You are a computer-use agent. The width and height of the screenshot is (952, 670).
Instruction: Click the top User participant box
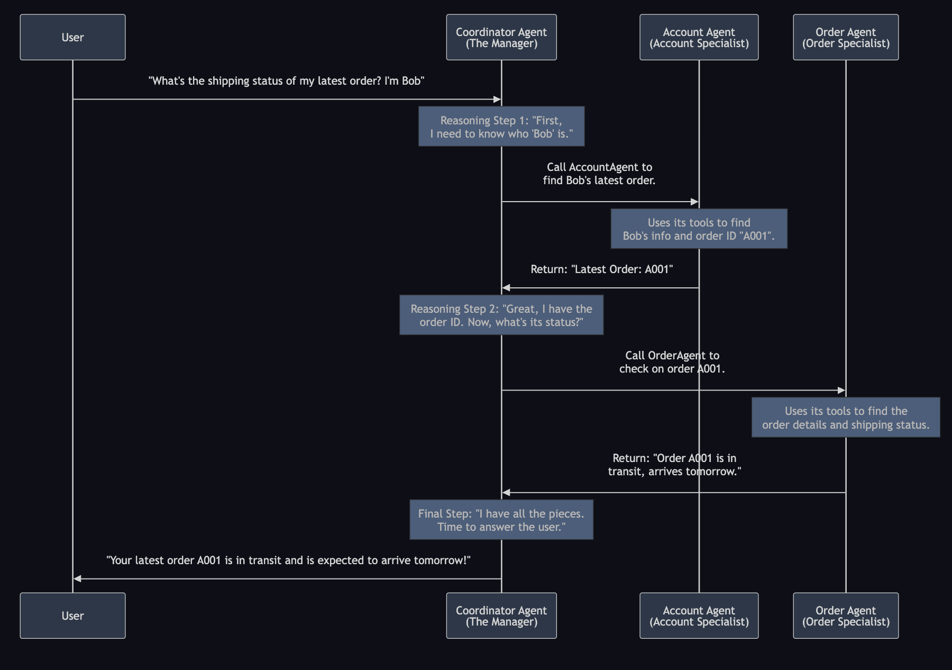72,37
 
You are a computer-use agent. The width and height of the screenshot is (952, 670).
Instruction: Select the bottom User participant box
72,615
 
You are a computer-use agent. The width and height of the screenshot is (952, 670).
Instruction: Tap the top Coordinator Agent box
501,37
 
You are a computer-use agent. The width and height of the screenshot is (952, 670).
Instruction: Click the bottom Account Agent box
699,615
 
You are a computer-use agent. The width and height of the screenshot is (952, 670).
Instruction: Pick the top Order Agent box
845,37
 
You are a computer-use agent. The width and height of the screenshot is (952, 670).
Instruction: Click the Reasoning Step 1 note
501,126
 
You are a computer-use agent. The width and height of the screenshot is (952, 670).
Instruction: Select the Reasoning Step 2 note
501,315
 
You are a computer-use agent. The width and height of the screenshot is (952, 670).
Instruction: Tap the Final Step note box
501,520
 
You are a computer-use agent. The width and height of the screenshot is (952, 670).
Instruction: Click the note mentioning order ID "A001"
699,229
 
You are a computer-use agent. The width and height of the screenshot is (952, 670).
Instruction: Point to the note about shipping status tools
845,418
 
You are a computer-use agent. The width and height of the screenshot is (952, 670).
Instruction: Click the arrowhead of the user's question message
497,99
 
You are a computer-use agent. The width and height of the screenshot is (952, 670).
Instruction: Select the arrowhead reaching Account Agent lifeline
695,202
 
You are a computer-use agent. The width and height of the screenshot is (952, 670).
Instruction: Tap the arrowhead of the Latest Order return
506,288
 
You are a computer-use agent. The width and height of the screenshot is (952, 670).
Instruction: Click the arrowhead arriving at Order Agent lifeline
841,391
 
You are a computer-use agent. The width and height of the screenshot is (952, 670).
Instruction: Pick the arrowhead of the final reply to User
77,579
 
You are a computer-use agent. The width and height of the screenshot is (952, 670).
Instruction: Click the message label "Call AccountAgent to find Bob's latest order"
599,174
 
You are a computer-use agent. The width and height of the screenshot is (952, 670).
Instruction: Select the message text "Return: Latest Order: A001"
601,269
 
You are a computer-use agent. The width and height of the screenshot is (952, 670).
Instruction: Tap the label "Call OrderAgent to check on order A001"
672,362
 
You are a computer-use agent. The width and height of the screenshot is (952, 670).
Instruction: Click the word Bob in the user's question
413,81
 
